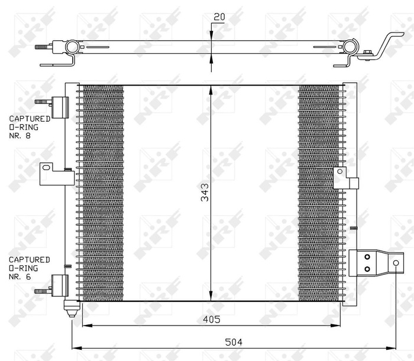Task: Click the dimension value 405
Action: tap(211, 320)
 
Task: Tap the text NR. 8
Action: tap(20, 135)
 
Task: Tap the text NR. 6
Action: tap(20, 276)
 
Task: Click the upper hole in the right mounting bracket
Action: tap(367, 257)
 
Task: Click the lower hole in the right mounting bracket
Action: tap(367, 269)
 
